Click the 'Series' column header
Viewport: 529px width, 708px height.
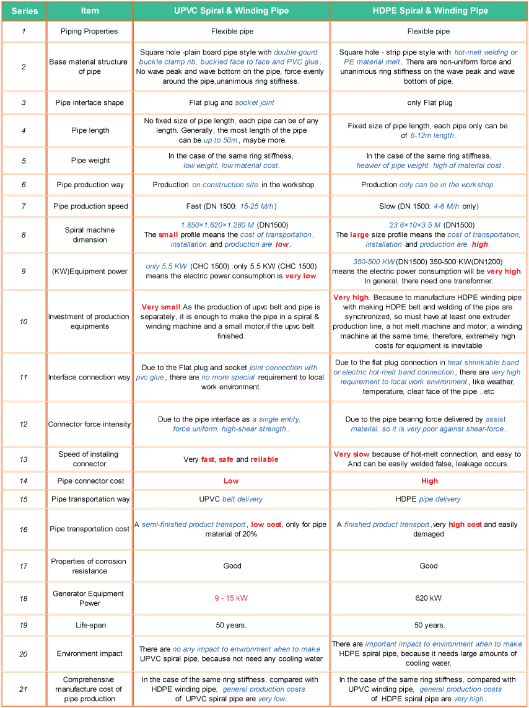point(24,11)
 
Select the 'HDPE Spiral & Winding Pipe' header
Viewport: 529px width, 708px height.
point(429,11)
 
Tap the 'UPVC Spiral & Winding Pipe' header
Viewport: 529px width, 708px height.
point(231,11)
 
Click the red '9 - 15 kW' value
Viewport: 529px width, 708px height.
point(231,598)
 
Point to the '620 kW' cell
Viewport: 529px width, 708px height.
point(429,598)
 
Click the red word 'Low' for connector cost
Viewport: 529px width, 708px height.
point(231,481)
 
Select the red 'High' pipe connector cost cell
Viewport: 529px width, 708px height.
point(429,481)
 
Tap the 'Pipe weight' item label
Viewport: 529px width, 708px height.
point(90,161)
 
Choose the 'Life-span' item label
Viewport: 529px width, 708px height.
point(90,626)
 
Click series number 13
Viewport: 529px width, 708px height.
point(24,459)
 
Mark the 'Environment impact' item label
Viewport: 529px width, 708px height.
point(90,653)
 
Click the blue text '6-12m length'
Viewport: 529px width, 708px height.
point(431,135)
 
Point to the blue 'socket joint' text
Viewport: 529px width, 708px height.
point(255,102)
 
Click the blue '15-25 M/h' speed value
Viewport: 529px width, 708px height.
point(257,206)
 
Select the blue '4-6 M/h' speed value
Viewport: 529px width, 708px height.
point(446,206)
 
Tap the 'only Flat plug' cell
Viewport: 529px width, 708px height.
point(429,102)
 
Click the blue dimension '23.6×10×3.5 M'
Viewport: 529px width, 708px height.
point(415,225)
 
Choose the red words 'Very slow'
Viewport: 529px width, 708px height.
point(351,454)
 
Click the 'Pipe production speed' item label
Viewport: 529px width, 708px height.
point(90,206)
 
